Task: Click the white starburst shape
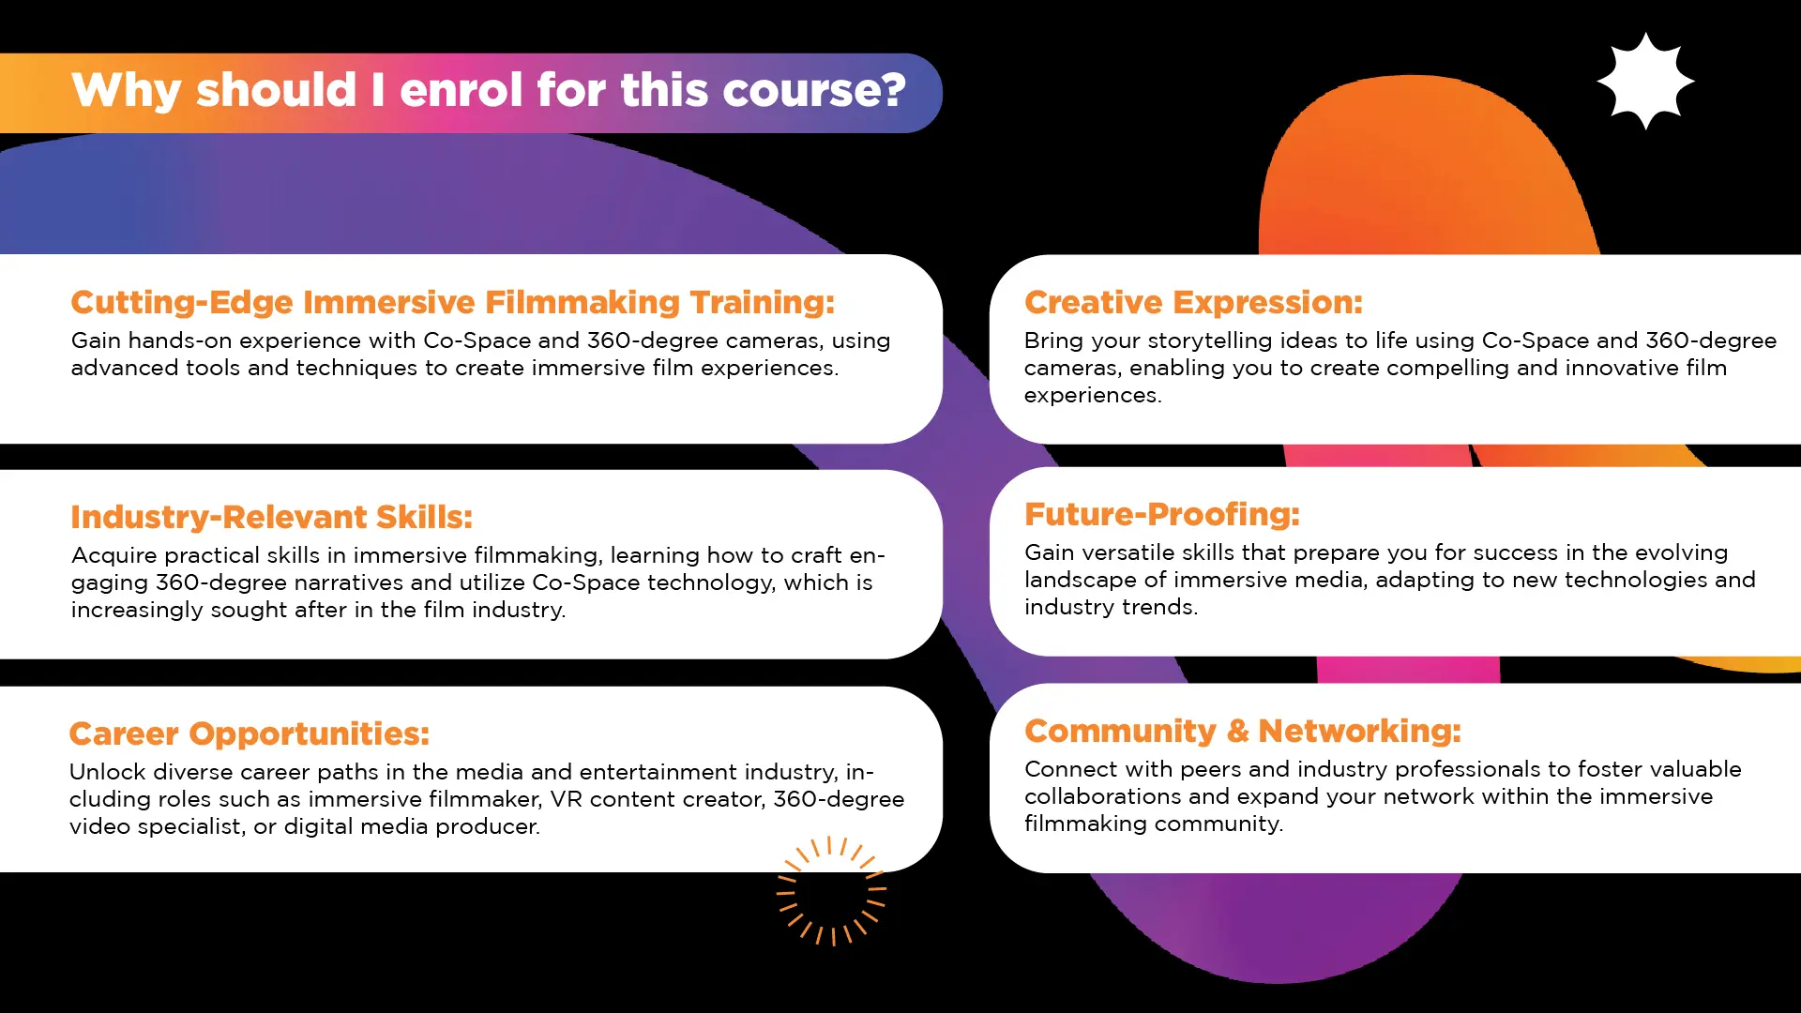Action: [x=1645, y=82]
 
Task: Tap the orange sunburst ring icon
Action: [x=831, y=890]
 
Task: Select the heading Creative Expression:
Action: [x=1193, y=302]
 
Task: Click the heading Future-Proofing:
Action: [x=1162, y=514]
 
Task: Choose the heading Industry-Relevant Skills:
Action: [x=272, y=517]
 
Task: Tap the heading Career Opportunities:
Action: [x=250, y=733]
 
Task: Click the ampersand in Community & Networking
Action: [x=1237, y=731]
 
